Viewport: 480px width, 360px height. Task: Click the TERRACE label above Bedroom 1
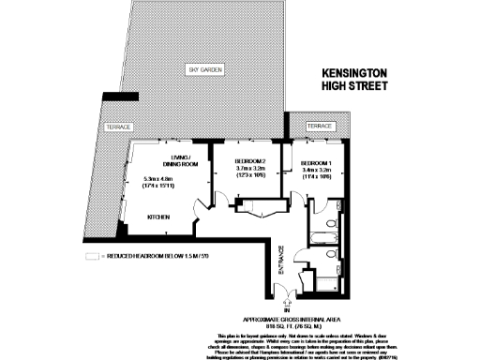click(320, 126)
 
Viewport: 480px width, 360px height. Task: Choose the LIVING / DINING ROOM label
click(173, 158)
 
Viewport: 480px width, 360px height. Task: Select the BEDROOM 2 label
click(250, 161)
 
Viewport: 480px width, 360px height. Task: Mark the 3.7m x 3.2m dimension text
click(251, 171)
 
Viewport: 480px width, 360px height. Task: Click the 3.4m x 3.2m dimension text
click(318, 170)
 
